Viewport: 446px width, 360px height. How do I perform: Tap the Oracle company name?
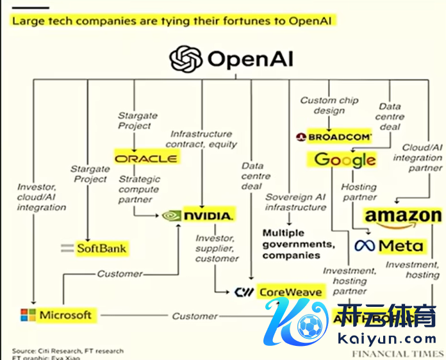tap(154, 158)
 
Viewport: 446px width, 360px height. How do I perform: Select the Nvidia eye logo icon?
tap(172, 215)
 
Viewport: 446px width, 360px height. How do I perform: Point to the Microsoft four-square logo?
tap(28, 315)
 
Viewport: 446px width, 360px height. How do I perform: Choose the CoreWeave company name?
tap(290, 292)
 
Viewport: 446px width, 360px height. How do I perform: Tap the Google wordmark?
tap(345, 160)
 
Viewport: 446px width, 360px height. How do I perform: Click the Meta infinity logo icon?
tap(364, 245)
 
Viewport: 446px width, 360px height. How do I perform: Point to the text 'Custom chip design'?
tap(329, 105)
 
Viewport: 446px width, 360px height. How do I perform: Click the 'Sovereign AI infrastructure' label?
tap(295, 202)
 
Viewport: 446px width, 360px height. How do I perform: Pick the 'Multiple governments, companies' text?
tap(299, 243)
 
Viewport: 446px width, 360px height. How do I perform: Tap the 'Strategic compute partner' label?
tap(138, 189)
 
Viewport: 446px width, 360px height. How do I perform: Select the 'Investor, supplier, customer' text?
tap(217, 249)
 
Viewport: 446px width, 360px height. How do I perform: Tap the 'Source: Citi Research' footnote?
tap(67, 351)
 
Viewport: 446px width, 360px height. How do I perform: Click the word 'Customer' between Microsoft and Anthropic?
tap(194, 316)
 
